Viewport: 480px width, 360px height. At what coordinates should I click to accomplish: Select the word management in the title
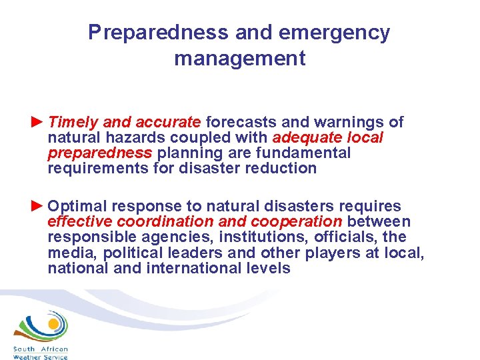coord(240,59)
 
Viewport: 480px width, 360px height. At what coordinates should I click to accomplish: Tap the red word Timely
coord(73,122)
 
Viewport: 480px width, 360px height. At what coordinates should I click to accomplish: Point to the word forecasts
coord(242,122)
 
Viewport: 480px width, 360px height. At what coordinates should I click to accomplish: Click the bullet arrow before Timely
coord(37,122)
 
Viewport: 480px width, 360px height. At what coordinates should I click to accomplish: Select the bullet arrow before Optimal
coord(37,205)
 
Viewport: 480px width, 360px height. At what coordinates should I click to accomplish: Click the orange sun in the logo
coord(51,326)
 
